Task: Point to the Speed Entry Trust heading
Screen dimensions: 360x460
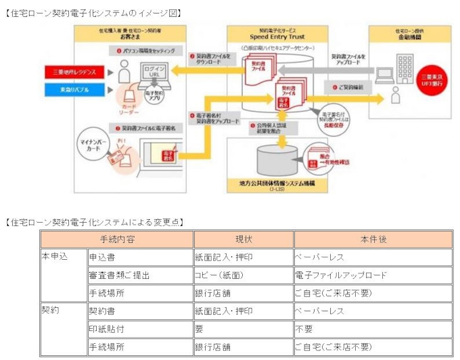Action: (x=277, y=38)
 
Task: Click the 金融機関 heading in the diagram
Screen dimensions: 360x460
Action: (x=407, y=38)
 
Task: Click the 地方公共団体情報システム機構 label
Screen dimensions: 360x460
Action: (x=277, y=183)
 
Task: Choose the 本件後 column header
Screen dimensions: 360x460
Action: (x=373, y=239)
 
